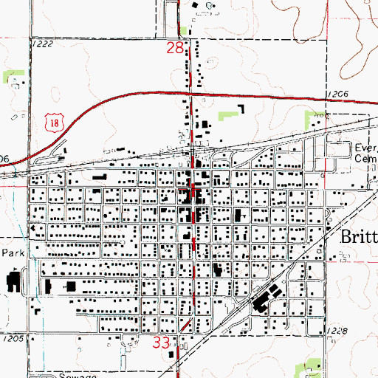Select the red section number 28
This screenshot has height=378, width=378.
tap(174, 49)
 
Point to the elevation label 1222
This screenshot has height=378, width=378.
tap(43, 45)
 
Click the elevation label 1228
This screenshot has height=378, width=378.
tap(334, 331)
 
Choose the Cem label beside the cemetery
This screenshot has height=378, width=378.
tap(365, 158)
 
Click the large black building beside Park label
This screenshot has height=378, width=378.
tap(14, 281)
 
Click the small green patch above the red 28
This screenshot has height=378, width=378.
tap(182, 30)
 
